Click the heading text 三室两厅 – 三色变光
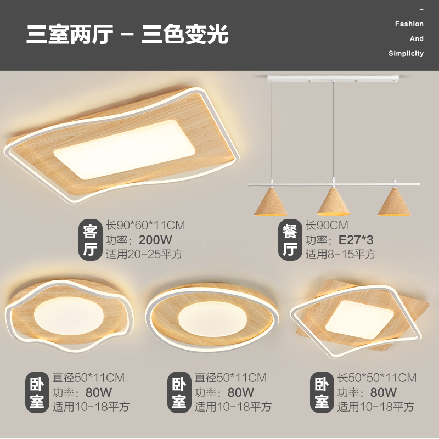pos(127,35)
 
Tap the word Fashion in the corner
pos(409,24)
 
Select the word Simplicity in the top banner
pos(406,54)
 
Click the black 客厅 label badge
pos(89,240)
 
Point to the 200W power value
pos(155,240)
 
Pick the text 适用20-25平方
pos(144,255)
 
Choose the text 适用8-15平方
pos(340,255)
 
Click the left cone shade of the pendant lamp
pos(272,202)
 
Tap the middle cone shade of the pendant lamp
pos(334,202)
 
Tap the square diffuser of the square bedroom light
pos(359,317)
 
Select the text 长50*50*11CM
pos(376,378)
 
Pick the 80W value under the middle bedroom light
pos(241,392)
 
